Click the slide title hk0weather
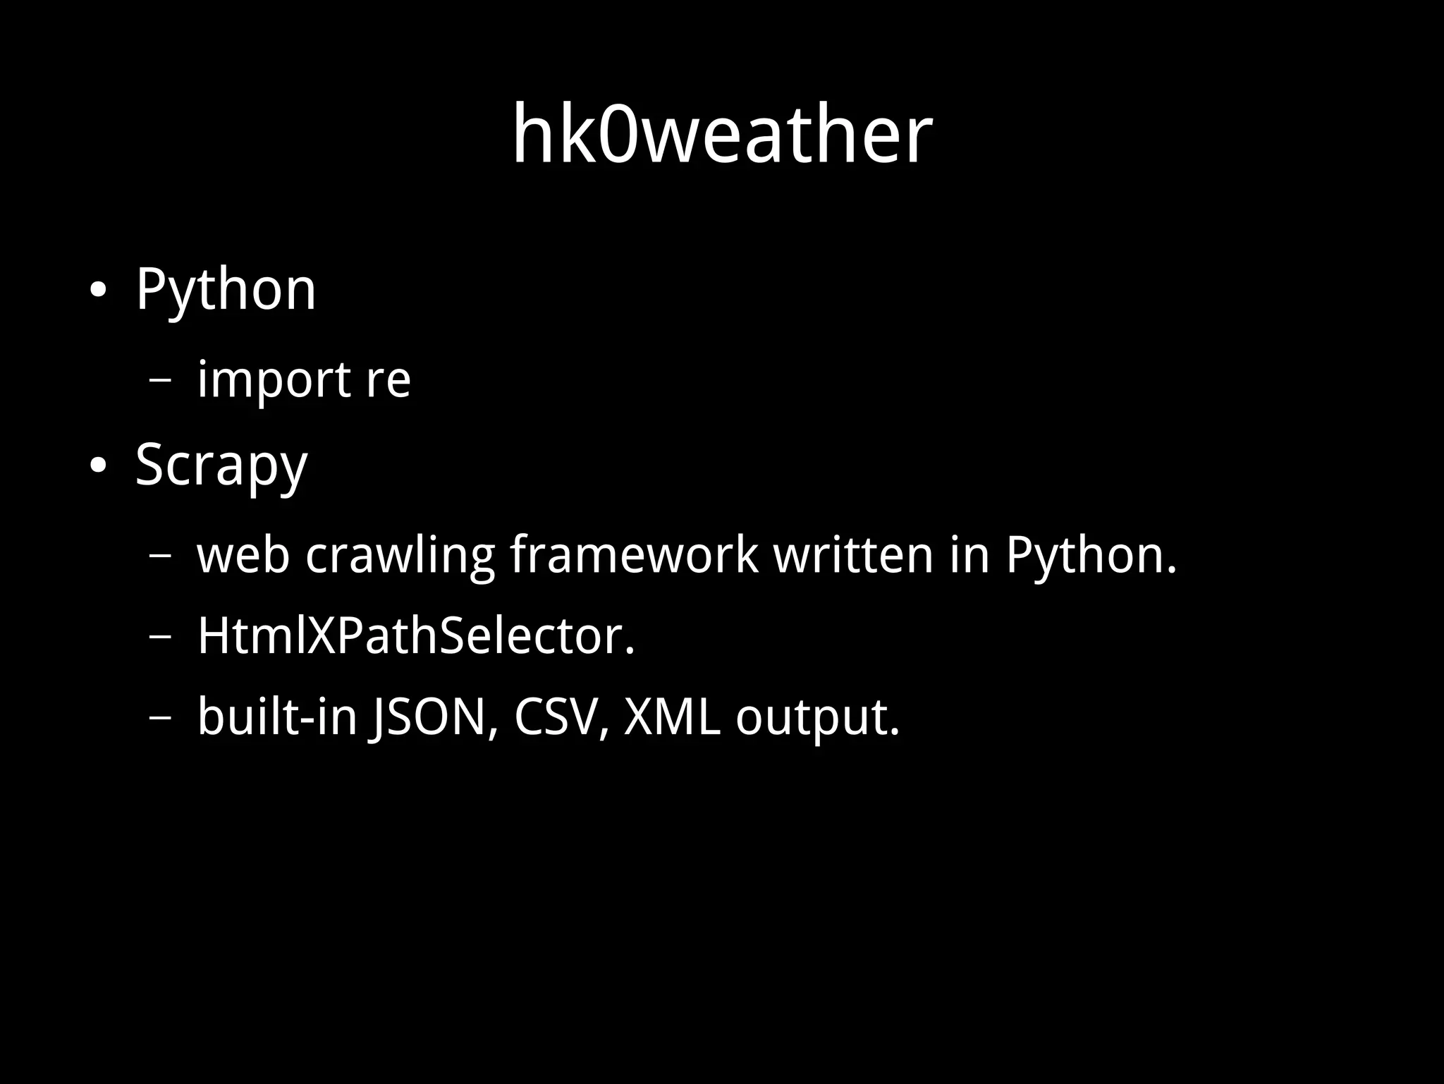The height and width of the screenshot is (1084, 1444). point(722,134)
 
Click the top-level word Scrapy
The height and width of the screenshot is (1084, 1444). point(221,466)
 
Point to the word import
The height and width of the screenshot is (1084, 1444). point(274,381)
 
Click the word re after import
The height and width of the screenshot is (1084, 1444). point(388,381)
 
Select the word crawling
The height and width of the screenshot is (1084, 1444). point(400,556)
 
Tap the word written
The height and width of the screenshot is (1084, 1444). point(854,556)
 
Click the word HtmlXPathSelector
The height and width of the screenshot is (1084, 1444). point(416,637)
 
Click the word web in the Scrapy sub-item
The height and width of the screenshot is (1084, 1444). point(243,556)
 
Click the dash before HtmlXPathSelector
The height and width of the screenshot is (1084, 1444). point(161,637)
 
